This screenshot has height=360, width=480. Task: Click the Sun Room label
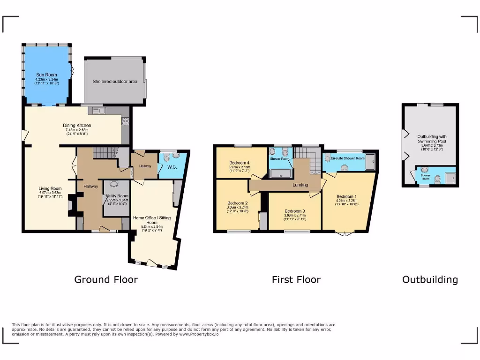[46, 75]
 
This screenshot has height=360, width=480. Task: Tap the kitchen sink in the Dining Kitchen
[99, 111]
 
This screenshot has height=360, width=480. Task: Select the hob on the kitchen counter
[125, 121]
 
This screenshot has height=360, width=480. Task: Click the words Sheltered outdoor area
[114, 81]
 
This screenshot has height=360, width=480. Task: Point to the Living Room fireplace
[70, 205]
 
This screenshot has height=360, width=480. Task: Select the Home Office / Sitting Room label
[152, 220]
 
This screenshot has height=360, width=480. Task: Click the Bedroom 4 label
[239, 163]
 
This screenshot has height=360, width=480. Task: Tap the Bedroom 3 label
[294, 211]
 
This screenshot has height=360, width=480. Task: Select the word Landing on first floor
[300, 185]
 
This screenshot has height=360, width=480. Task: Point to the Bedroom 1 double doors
[345, 233]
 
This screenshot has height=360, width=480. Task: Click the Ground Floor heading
[106, 280]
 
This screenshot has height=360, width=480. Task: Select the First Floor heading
[296, 280]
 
